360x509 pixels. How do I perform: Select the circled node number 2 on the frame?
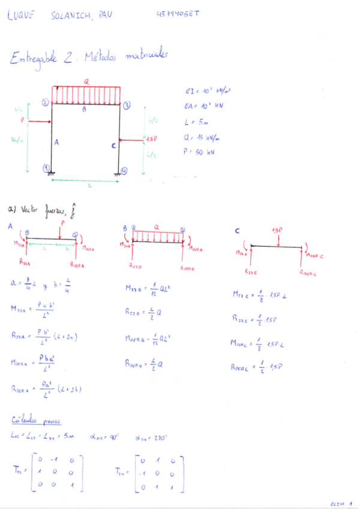[45, 102]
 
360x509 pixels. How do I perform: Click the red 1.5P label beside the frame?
[151, 139]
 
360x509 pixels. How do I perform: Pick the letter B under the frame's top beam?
[84, 109]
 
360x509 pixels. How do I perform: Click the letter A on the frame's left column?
[56, 142]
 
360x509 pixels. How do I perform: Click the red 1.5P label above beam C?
[277, 230]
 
